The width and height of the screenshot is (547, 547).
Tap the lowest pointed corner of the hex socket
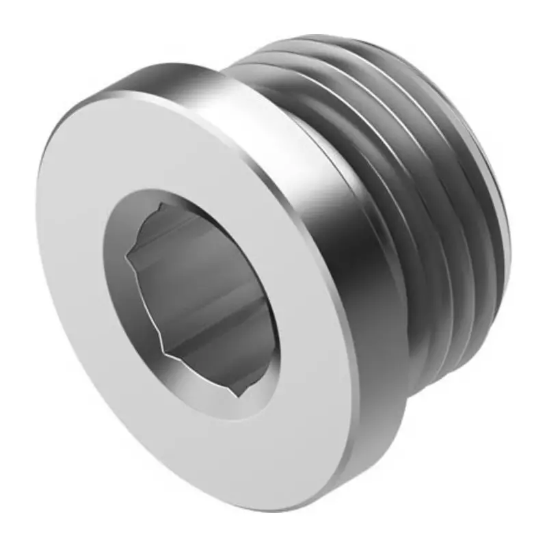(241, 397)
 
